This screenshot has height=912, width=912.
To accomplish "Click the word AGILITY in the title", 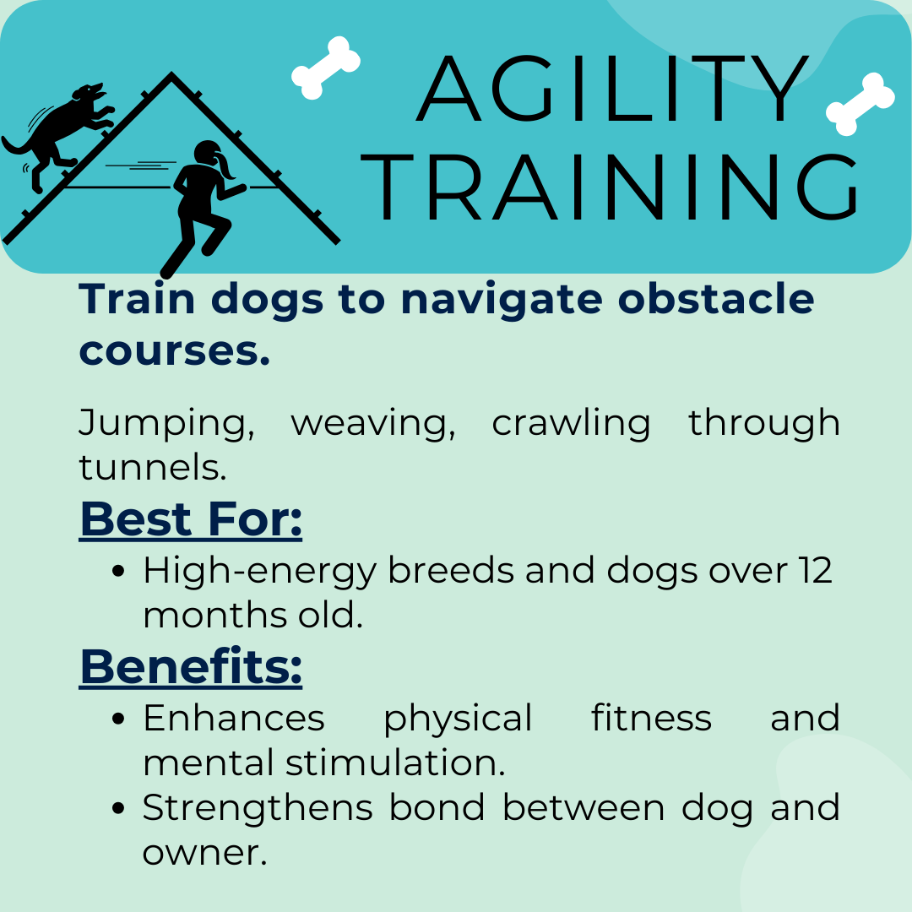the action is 612,89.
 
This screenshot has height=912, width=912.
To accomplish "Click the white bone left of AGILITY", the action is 326,68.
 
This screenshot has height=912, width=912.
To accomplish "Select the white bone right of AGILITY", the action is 860,104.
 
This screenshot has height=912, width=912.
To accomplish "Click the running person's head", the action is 208,154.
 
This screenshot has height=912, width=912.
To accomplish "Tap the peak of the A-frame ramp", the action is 171,73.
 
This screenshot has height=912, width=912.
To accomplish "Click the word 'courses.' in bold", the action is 175,351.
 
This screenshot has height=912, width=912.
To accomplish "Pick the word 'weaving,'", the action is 373,423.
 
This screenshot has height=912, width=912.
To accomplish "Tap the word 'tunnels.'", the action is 152,467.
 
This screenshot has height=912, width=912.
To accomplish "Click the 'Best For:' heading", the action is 191,518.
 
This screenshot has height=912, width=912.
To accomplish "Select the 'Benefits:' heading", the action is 191,666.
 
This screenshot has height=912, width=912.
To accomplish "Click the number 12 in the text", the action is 815,570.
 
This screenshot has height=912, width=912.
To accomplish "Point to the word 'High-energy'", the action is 260,572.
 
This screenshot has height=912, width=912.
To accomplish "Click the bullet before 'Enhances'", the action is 118,719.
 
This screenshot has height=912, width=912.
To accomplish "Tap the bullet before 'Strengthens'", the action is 118,808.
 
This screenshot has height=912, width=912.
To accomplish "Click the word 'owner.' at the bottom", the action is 204,853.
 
